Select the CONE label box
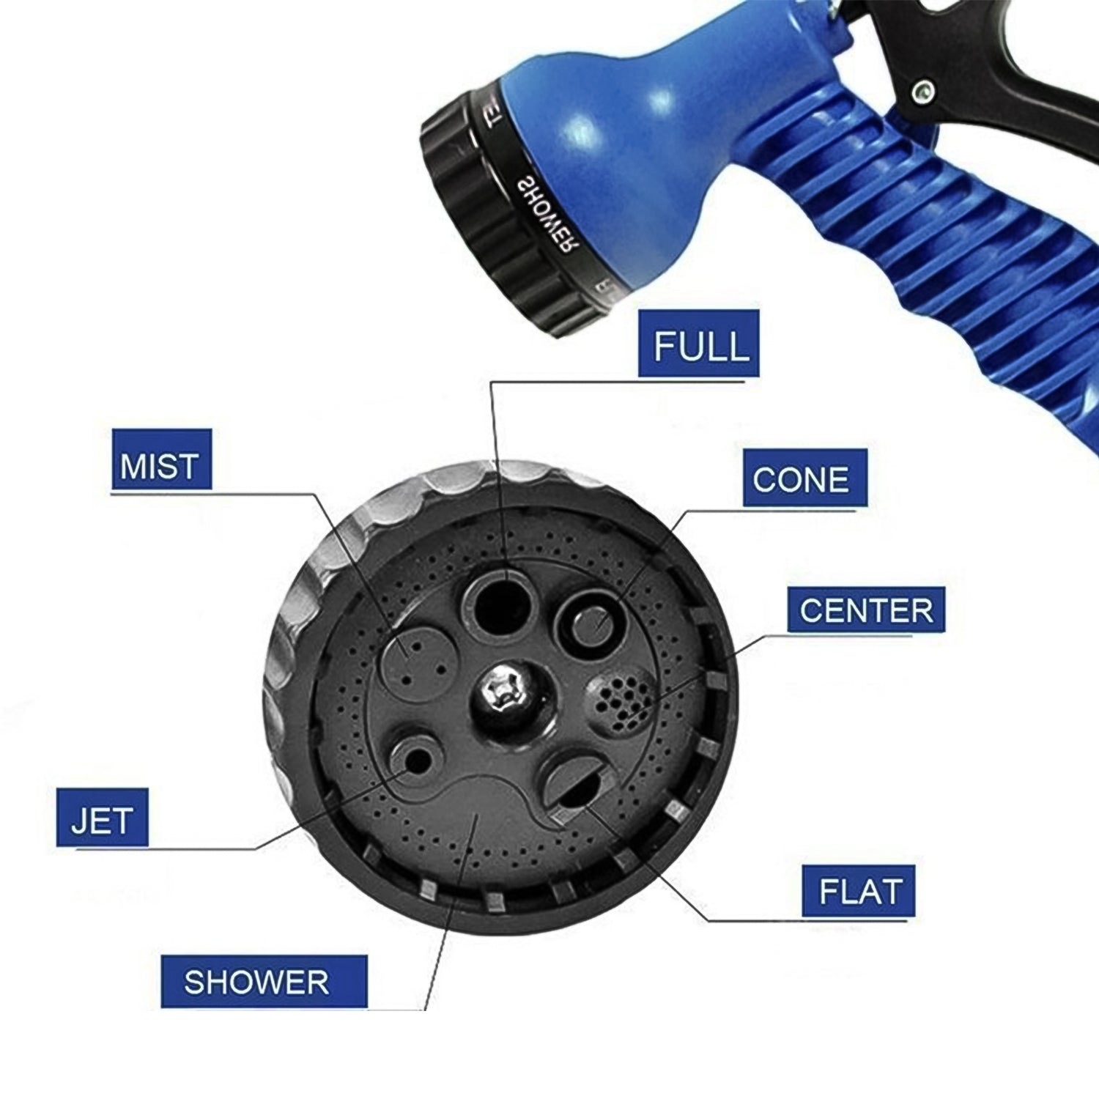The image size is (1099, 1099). tap(804, 478)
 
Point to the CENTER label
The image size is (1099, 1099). tap(865, 610)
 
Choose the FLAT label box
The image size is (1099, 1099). tap(858, 891)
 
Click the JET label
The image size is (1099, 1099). tap(102, 818)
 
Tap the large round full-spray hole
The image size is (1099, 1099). tap(497, 604)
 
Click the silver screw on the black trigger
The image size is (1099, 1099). tap(922, 92)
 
